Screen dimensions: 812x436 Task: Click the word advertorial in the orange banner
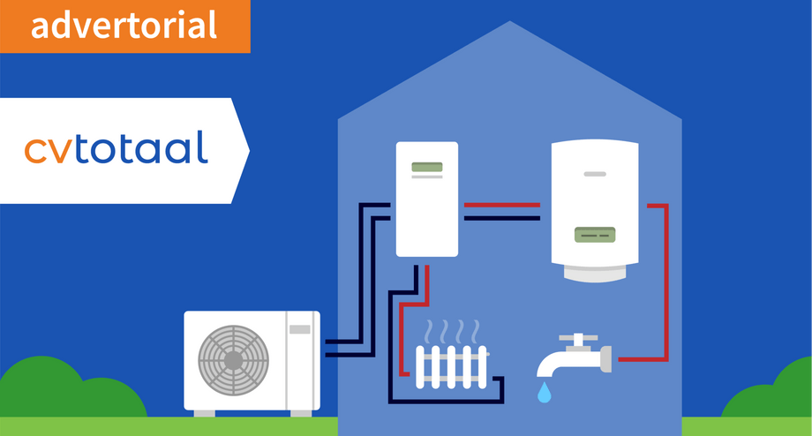pyautogui.click(x=124, y=26)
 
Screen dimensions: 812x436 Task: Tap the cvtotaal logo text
pyautogui.click(x=116, y=147)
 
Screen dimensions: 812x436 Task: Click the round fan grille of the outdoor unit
pyautogui.click(x=234, y=360)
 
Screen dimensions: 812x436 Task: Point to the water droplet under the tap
pyautogui.click(x=544, y=393)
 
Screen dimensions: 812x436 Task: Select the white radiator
pyautogui.click(x=452, y=367)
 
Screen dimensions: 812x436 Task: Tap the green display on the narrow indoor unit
pyautogui.click(x=427, y=167)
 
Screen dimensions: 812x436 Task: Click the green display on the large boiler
pyautogui.click(x=595, y=235)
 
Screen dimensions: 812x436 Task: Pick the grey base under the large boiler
pyautogui.click(x=595, y=273)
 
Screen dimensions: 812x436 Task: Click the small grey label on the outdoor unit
pyautogui.click(x=300, y=329)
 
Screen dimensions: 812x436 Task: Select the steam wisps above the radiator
pyautogui.click(x=452, y=331)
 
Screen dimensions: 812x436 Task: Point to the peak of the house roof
pyautogui.click(x=509, y=21)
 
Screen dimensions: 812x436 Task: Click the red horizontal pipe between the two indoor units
pyautogui.click(x=502, y=205)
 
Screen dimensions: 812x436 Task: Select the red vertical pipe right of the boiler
pyautogui.click(x=666, y=282)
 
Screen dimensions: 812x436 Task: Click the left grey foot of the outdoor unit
pyautogui.click(x=205, y=414)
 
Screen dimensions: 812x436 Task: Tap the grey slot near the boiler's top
pyautogui.click(x=595, y=174)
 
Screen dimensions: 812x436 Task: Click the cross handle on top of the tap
pyautogui.click(x=578, y=339)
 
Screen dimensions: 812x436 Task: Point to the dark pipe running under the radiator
pyautogui.click(x=446, y=402)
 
